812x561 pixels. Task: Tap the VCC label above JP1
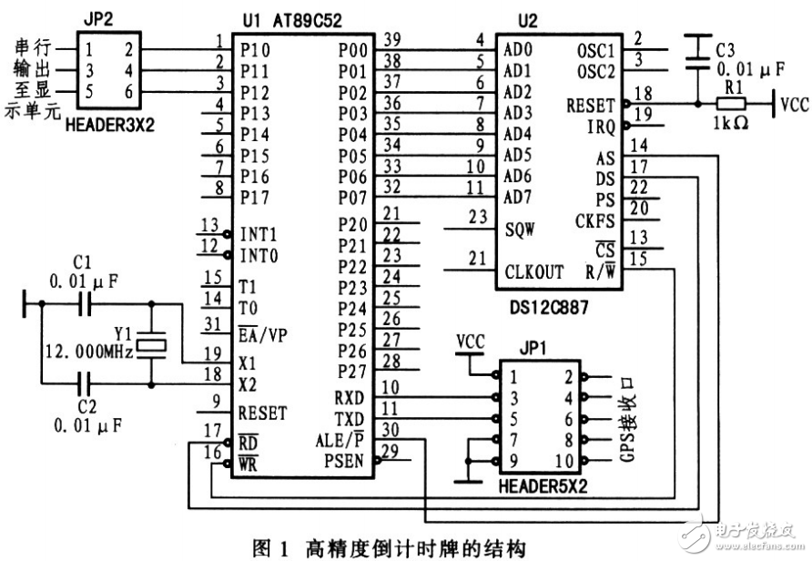[470, 342]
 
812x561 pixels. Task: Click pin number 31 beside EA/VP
[211, 325]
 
